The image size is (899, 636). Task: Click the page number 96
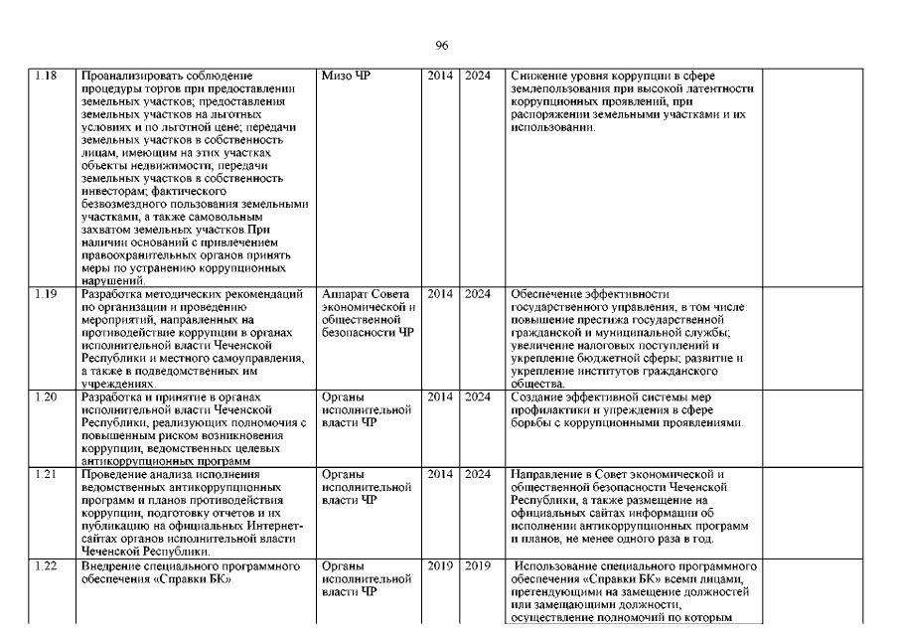(443, 46)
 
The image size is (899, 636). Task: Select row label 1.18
(47, 77)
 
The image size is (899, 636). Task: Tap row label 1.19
(47, 293)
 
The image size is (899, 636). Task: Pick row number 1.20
(47, 397)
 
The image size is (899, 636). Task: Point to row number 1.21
(47, 474)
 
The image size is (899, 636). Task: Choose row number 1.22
(47, 566)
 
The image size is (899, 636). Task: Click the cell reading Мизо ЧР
(347, 77)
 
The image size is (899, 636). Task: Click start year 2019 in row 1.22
(440, 566)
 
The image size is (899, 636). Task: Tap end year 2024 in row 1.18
(478, 77)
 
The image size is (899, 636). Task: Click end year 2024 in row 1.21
(478, 474)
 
